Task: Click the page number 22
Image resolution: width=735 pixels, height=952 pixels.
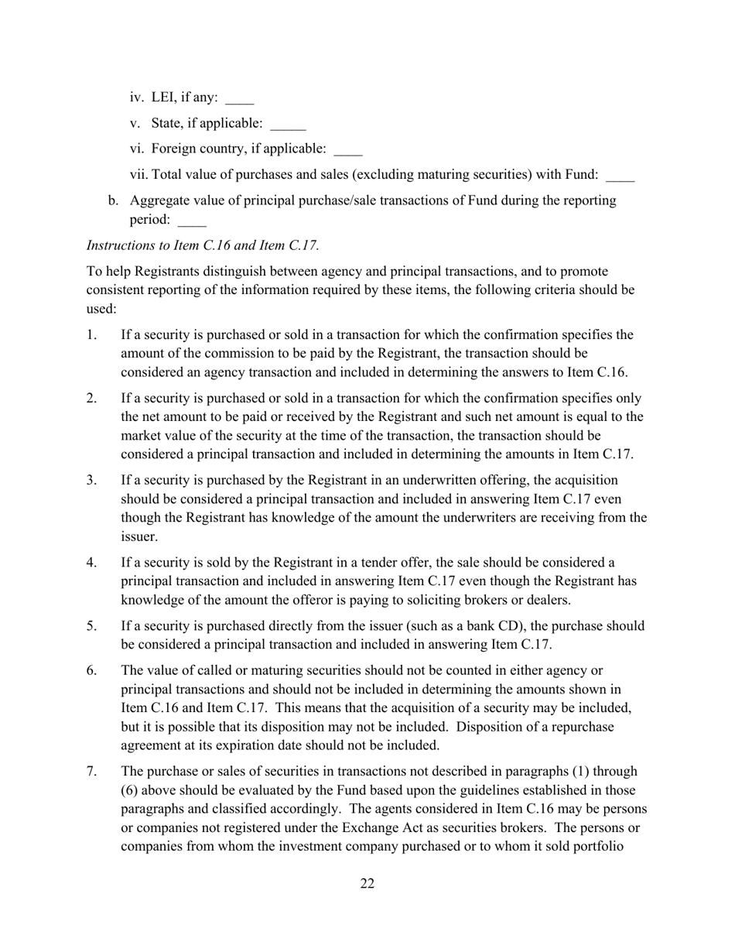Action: (x=367, y=884)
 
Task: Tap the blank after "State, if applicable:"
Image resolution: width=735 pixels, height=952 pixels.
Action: (x=288, y=125)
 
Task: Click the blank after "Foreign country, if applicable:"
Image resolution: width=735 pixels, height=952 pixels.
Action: (x=347, y=149)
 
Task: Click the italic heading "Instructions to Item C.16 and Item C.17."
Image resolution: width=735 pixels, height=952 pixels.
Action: (x=203, y=245)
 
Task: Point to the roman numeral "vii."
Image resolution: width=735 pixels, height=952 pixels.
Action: (x=139, y=175)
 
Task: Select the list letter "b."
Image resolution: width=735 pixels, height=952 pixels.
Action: (x=114, y=200)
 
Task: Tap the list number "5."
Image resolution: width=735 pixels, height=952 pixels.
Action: (x=92, y=625)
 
